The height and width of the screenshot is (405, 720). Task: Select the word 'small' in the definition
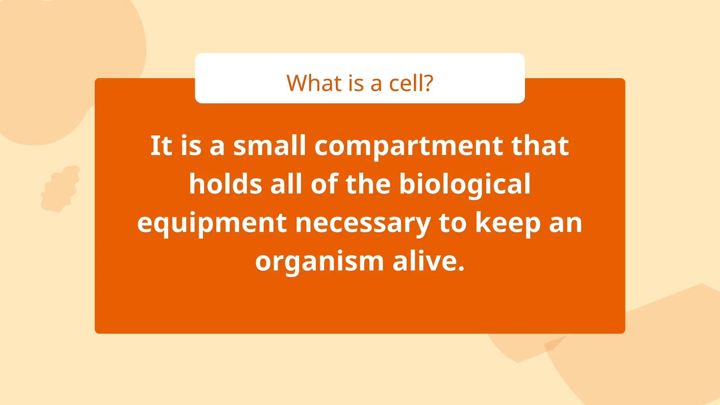click(269, 146)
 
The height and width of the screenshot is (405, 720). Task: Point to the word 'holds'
click(225, 184)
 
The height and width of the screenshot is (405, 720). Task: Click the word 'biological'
click(465, 185)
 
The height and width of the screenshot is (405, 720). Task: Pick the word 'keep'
click(508, 224)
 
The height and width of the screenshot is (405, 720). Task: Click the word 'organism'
click(319, 262)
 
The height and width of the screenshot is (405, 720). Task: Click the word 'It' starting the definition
click(161, 146)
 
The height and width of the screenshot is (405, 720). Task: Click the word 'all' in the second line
click(286, 184)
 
